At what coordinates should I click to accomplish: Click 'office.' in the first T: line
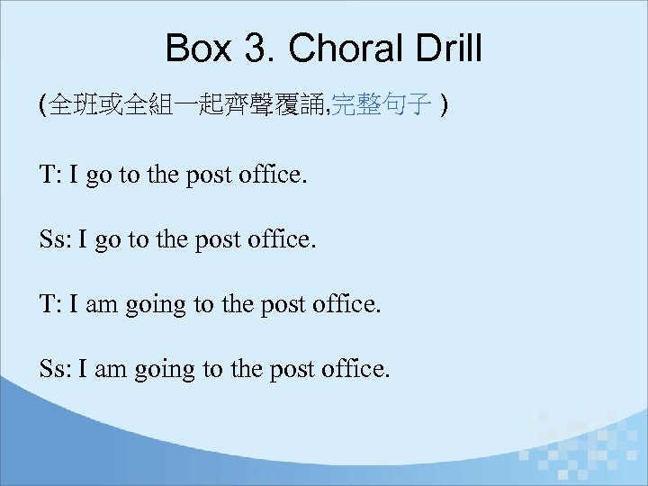point(274,175)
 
